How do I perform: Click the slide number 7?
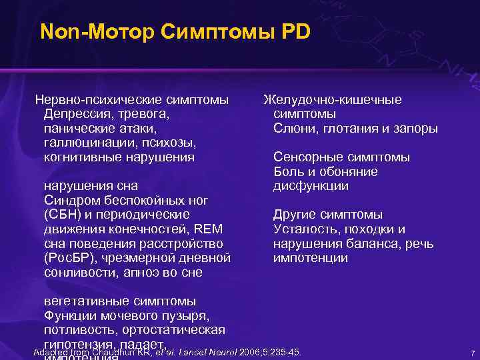(471, 353)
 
